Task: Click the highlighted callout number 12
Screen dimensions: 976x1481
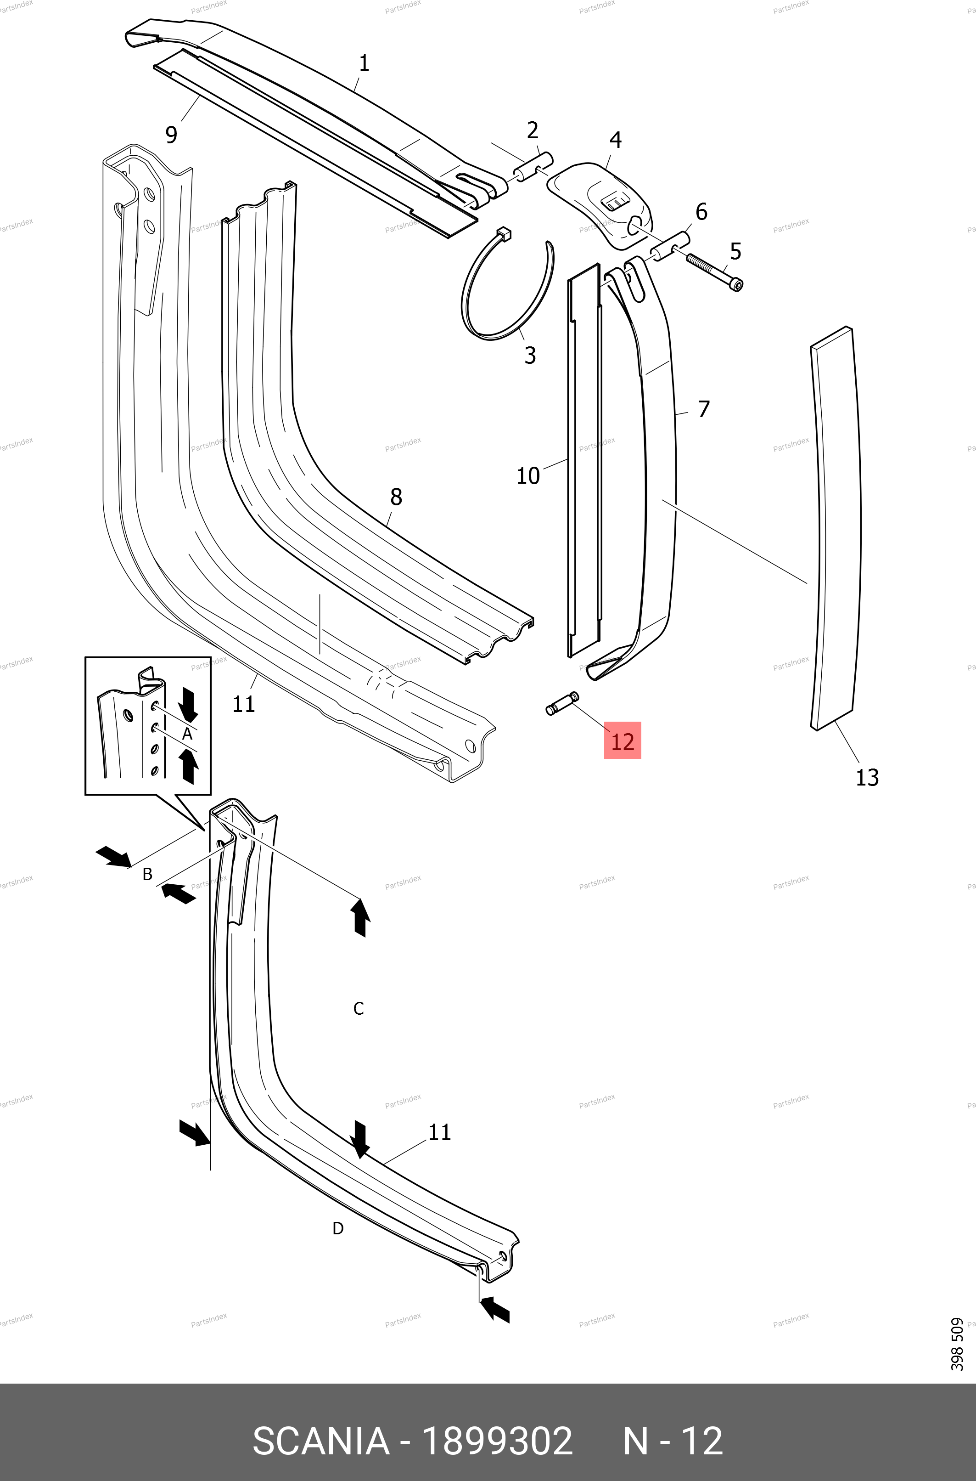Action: point(623,741)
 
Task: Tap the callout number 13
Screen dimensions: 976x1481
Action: point(867,777)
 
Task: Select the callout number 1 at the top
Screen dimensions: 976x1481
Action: point(364,63)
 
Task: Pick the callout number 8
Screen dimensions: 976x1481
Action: point(396,497)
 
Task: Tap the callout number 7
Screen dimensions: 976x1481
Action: point(703,409)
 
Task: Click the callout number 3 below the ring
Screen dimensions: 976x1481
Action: point(530,355)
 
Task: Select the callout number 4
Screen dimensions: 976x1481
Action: point(615,140)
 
